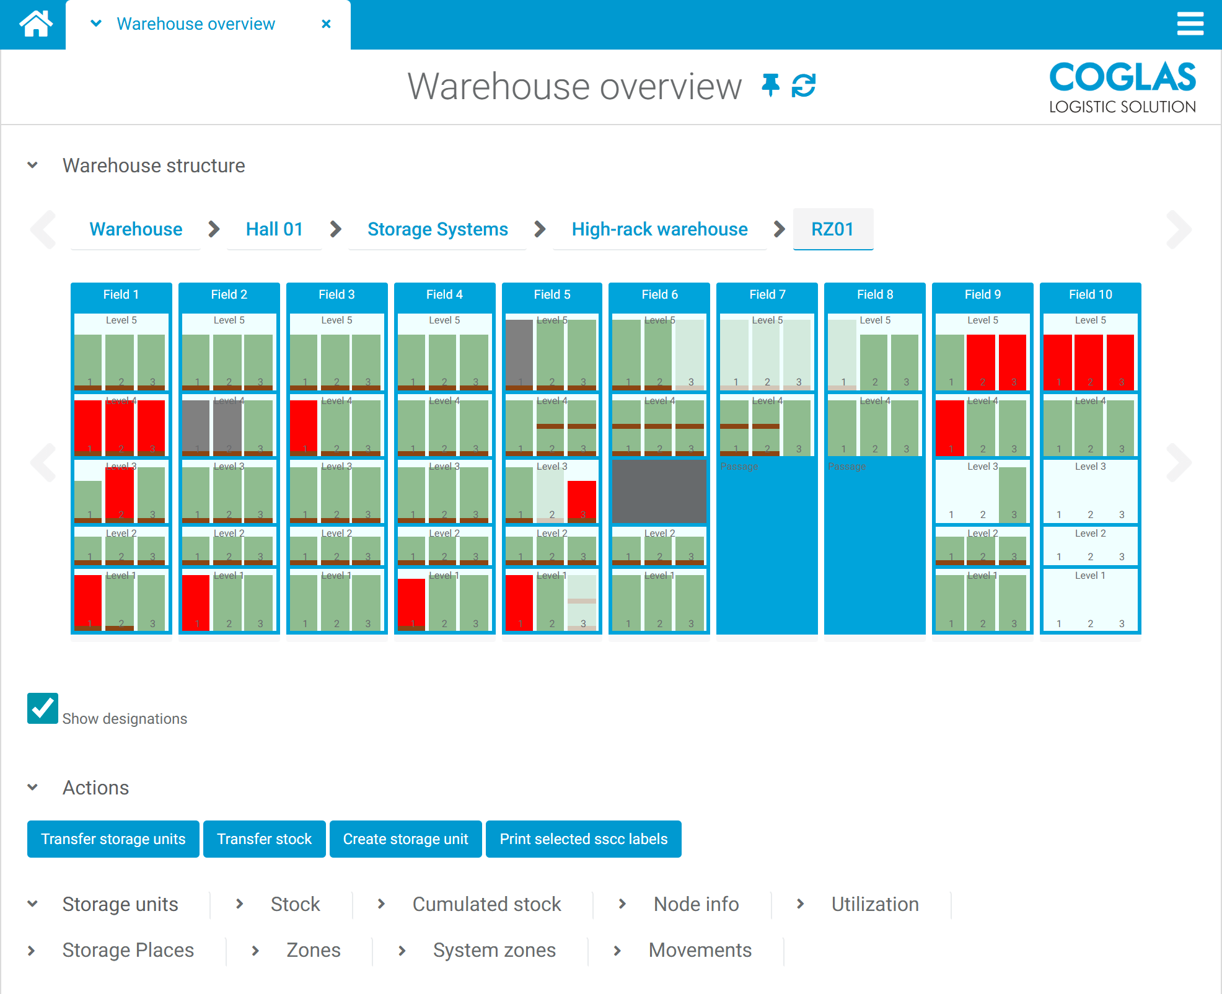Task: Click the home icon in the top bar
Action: pos(35,24)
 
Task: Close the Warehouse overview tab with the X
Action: pos(326,24)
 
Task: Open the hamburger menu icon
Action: pos(1190,24)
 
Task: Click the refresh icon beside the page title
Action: pos(804,86)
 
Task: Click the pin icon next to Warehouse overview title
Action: pos(770,86)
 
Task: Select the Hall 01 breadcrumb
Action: pos(274,229)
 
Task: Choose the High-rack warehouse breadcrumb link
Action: pos(659,229)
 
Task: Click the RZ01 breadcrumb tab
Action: pos(832,229)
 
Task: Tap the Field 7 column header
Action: pos(767,294)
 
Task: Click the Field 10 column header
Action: pos(1090,294)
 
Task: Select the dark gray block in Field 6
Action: pos(659,491)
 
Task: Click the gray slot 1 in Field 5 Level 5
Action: pos(519,353)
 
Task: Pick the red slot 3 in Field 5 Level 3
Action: pos(582,499)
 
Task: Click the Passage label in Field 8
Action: pos(846,467)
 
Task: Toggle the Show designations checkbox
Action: pos(43,708)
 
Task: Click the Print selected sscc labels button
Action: pos(583,839)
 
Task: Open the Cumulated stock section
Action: pos(486,904)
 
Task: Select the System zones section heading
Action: pos(494,950)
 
